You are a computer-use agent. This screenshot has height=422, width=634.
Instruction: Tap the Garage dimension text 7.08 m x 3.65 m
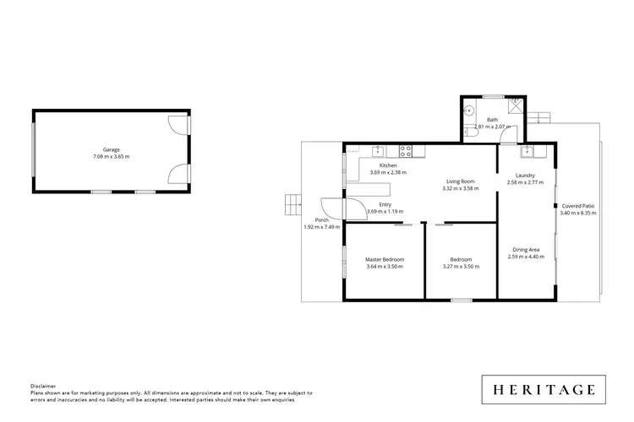click(111, 157)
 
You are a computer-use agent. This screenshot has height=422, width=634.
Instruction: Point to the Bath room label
click(492, 120)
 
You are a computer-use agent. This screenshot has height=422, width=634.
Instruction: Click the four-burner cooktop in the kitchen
click(406, 152)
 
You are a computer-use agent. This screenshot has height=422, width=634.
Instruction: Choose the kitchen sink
click(380, 152)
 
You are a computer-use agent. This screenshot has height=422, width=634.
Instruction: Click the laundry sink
click(527, 152)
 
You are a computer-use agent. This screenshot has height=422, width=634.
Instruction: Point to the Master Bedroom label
click(385, 259)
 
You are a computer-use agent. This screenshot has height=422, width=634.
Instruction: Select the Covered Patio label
click(577, 206)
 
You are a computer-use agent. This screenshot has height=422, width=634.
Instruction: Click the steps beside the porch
click(292, 203)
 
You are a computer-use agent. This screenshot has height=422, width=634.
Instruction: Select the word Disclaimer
click(42, 385)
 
